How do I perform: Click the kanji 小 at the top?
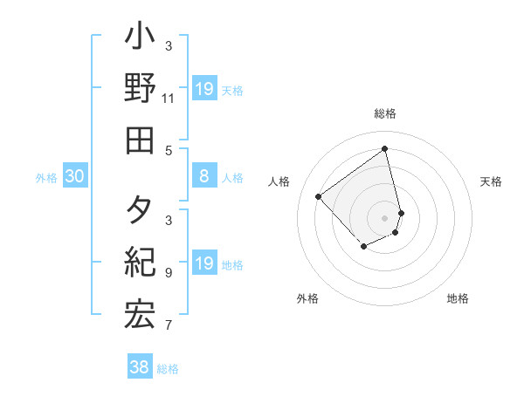(x=140, y=39)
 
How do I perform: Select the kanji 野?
(x=140, y=89)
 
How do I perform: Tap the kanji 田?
(x=140, y=140)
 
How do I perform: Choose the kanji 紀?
(x=140, y=262)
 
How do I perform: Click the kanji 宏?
(x=140, y=314)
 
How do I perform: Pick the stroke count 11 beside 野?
(x=169, y=99)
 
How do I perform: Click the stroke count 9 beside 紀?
(x=169, y=272)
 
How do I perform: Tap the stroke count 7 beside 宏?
(x=169, y=325)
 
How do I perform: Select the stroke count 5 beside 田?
(x=169, y=150)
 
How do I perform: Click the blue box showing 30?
(x=74, y=177)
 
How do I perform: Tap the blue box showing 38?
(x=140, y=367)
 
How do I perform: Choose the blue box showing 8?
(x=203, y=177)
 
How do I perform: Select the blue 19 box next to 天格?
(x=203, y=89)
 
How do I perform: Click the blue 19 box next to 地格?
(x=203, y=263)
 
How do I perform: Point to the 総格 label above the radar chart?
(x=385, y=113)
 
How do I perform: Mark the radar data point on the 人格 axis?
(x=319, y=197)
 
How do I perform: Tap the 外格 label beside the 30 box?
(x=46, y=178)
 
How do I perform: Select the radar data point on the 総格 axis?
(x=385, y=148)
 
